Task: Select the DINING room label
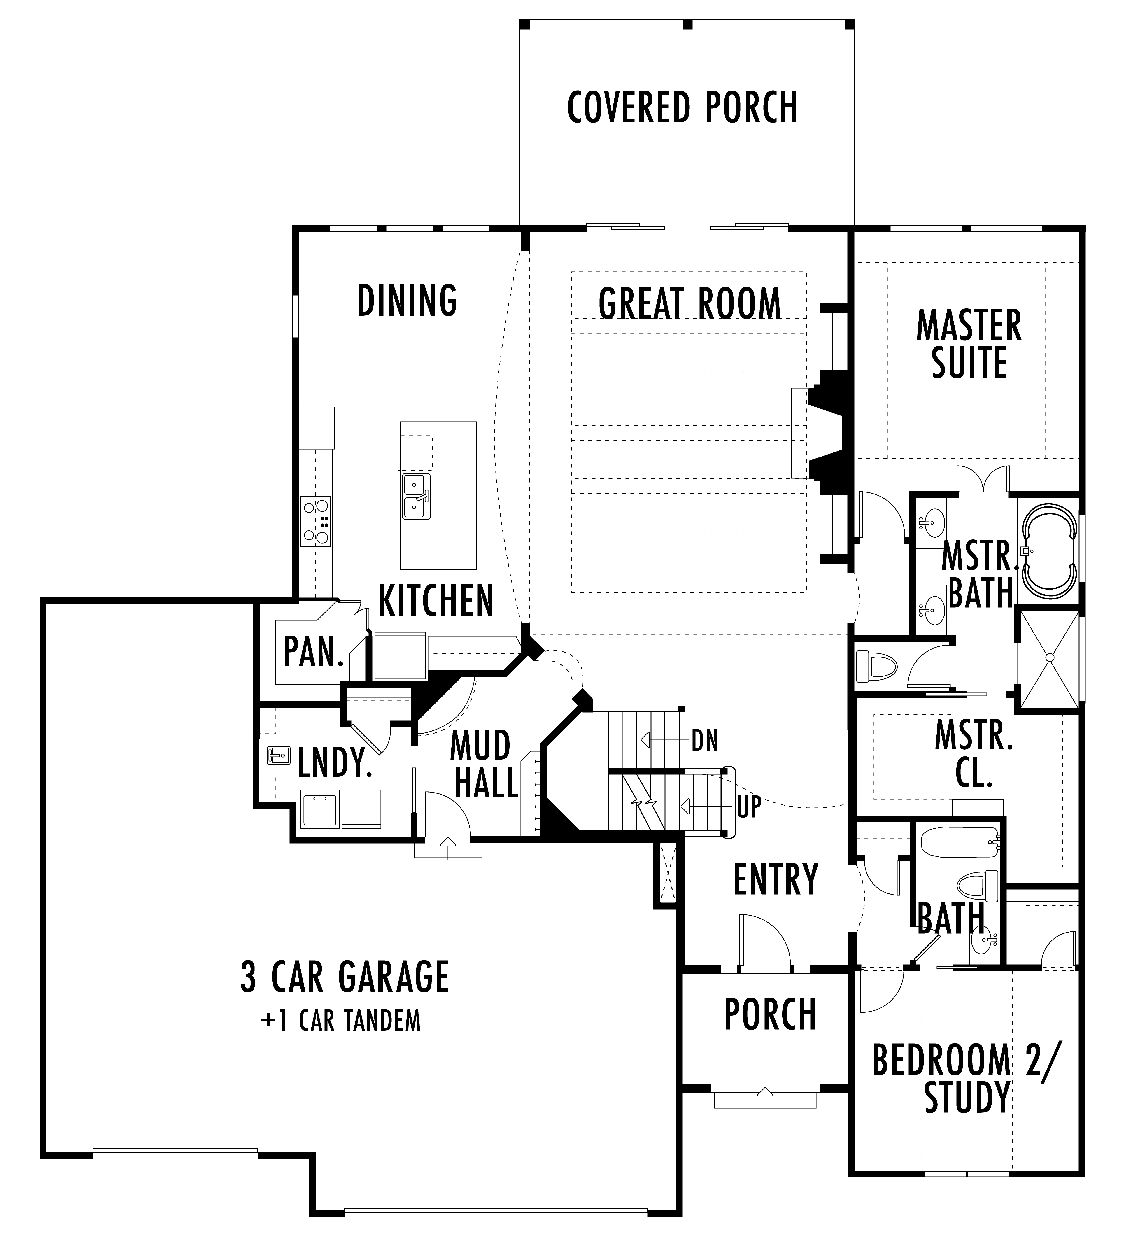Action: [407, 300]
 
